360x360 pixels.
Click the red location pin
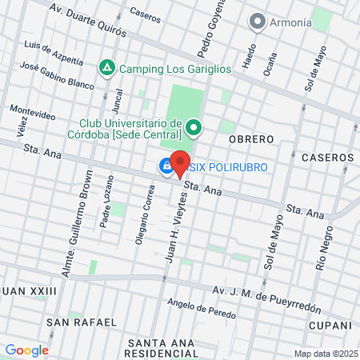180,163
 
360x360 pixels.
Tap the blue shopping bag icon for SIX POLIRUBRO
165,167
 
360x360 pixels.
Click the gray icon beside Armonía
257,22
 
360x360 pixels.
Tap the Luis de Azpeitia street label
54,52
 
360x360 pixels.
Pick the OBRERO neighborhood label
251,139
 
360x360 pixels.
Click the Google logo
26,350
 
